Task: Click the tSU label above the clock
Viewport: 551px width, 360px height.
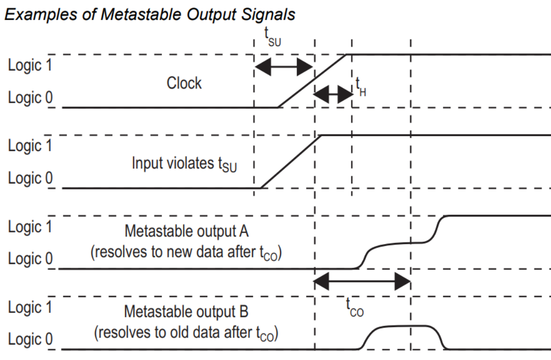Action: (x=272, y=37)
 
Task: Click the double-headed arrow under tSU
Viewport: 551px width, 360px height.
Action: (x=284, y=67)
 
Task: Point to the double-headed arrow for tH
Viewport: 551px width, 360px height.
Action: (x=333, y=94)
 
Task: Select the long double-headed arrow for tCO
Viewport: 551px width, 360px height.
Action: (x=362, y=281)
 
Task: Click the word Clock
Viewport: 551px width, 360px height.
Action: (x=184, y=83)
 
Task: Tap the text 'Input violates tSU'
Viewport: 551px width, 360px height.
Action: (x=184, y=164)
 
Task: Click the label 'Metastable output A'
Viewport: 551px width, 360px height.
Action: (x=186, y=231)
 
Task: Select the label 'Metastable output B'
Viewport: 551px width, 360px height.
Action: (x=186, y=312)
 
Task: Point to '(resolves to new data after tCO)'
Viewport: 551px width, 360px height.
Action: (x=186, y=252)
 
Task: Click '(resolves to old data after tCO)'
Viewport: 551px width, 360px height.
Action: (x=186, y=333)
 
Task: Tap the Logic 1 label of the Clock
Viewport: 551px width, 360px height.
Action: (x=30, y=65)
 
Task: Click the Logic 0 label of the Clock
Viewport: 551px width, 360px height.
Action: (x=30, y=97)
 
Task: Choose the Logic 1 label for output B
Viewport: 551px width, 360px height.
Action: (x=30, y=307)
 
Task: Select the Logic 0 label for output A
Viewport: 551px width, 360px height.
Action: (x=30, y=259)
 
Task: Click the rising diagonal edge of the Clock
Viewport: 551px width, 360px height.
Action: (x=312, y=81)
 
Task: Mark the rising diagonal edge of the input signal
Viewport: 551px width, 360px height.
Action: (x=291, y=161)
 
